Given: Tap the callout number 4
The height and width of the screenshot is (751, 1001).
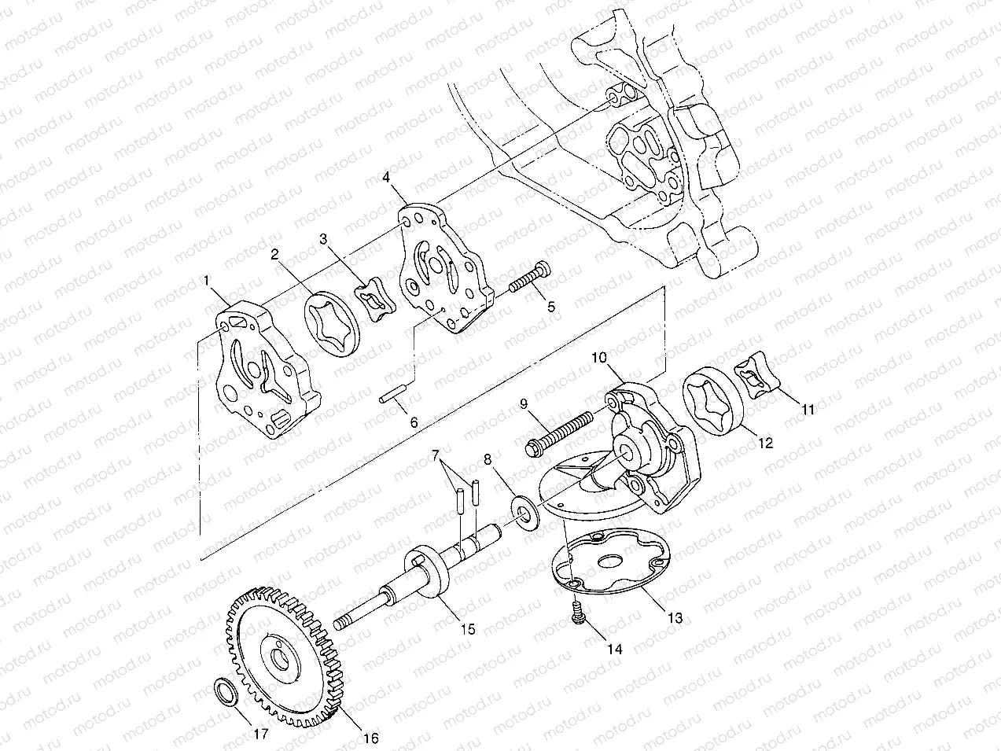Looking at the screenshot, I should coord(387,179).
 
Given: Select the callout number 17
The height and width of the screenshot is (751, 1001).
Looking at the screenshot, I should coord(260,734).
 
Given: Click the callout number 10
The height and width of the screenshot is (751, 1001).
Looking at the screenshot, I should coord(599,356).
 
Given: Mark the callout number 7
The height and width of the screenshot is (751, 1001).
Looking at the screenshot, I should coord(435,455).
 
